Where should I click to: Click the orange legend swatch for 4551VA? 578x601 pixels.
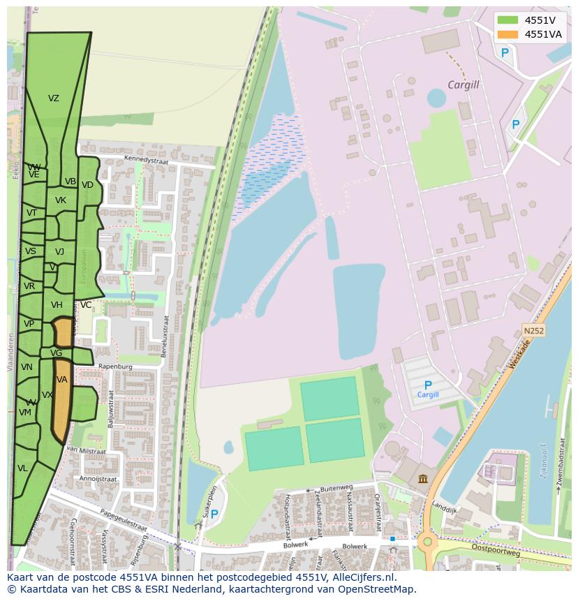[x=507, y=34]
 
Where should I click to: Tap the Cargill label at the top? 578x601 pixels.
[x=464, y=85]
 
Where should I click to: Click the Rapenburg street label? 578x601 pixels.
[x=115, y=366]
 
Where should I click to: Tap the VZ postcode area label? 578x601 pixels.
[x=54, y=98]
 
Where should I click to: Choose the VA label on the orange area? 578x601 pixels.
[x=62, y=380]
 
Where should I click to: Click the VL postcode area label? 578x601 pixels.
[x=22, y=468]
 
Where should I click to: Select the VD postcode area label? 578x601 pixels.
[x=87, y=185]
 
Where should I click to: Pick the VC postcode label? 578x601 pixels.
[x=86, y=305]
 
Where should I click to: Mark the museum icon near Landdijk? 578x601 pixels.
[x=424, y=478]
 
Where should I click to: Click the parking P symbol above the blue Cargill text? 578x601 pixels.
[x=428, y=385]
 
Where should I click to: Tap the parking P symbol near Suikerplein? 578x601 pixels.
[x=214, y=514]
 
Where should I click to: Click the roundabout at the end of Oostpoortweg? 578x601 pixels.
[x=425, y=541]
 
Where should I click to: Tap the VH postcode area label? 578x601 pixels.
[x=57, y=305]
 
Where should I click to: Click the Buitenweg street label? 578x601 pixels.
[x=336, y=489]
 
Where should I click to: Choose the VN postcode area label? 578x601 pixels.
[x=27, y=367]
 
